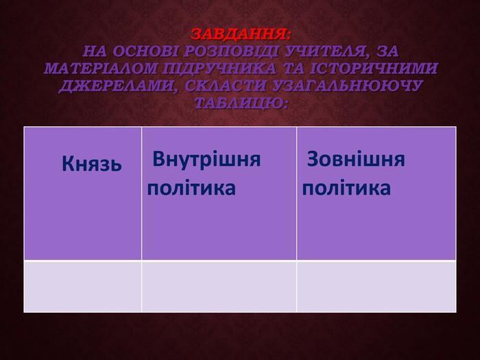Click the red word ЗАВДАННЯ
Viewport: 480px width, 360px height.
(x=241, y=34)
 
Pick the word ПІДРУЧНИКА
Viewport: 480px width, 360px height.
(x=219, y=69)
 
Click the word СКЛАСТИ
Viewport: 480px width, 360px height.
(x=226, y=86)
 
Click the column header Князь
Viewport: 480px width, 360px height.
(x=92, y=163)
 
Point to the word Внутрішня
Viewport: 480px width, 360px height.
(x=206, y=160)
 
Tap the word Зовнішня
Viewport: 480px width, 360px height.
(x=356, y=159)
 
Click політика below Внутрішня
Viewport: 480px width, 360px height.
(x=191, y=189)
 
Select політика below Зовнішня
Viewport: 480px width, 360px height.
(x=346, y=189)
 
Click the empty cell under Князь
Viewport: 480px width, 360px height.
(x=83, y=286)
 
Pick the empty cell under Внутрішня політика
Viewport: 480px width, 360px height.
(x=219, y=286)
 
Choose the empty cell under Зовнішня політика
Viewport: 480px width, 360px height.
(x=376, y=286)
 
